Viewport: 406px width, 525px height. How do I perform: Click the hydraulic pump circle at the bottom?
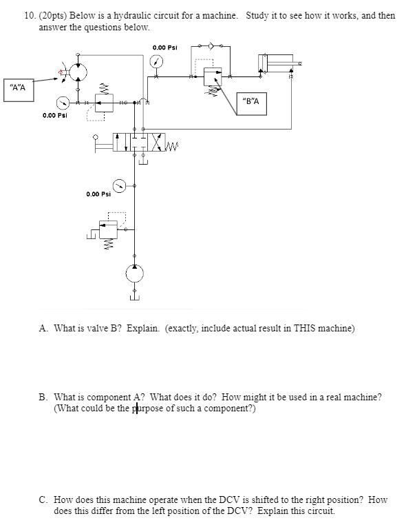point(135,273)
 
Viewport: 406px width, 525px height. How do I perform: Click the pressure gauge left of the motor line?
point(63,102)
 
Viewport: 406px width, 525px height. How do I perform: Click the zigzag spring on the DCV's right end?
point(172,145)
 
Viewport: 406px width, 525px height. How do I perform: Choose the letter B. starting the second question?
point(43,397)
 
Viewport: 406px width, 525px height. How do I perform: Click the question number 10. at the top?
point(30,14)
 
